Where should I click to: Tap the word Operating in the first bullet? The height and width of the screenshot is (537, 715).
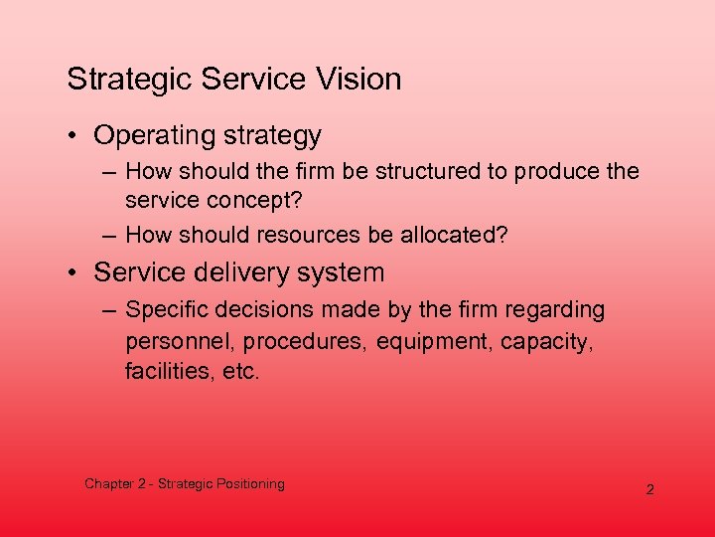(155, 135)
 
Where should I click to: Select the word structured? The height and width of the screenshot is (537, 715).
(420, 171)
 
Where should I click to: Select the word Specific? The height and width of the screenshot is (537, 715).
(165, 309)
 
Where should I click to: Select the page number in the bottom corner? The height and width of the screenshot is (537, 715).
(650, 490)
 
